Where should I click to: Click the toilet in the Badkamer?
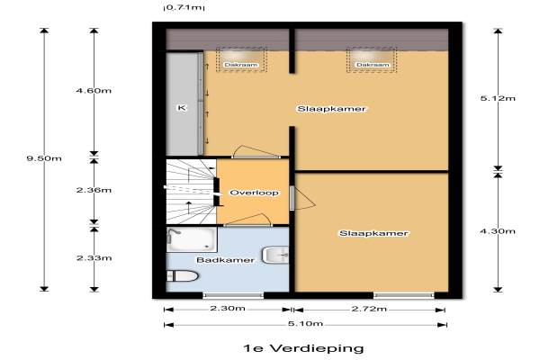pos(183,276)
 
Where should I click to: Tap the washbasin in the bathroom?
pos(275,256)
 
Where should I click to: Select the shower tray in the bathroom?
pos(192,239)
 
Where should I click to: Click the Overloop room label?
pos(254,193)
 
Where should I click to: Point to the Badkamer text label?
pos(226,260)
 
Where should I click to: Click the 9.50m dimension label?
pos(44,158)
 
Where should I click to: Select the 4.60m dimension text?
pos(94,91)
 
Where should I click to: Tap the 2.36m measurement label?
pos(94,190)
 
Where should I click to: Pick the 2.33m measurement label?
pos(94,257)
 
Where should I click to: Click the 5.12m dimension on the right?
pos(498,98)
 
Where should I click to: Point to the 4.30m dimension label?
pos(498,230)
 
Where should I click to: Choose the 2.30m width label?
pos(228,309)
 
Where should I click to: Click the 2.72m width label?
pos(369,309)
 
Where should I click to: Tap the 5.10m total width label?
pos(305,323)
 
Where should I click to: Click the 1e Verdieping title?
pos(303,348)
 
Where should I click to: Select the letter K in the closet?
pos(182,108)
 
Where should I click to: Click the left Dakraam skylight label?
pos(240,65)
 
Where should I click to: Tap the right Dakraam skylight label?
pos(373,65)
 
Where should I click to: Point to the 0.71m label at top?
pos(184,7)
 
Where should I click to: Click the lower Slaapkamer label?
pos(373,233)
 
